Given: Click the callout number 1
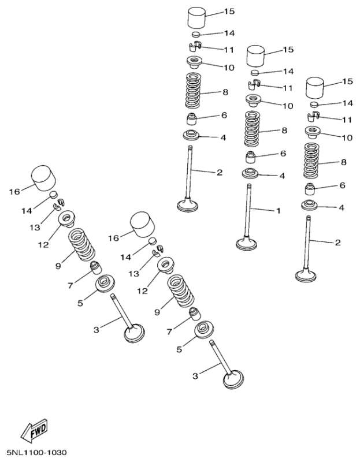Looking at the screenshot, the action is pos(278,211).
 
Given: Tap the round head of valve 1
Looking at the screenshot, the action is pos(247,244).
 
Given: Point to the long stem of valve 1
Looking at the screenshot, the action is pos(248,210).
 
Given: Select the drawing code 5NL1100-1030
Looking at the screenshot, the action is pos(37,452).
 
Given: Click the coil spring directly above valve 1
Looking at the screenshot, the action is pos(252,129).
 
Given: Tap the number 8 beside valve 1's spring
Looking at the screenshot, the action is pos(284,131).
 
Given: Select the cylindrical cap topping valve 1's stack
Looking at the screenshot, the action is pos(255,55).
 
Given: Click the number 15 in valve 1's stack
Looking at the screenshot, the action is pos(288,50).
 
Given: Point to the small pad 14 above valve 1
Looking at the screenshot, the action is pos(255,72).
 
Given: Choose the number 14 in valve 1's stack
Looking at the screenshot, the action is pos(288,71).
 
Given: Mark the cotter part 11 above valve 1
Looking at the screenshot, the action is pos(254,84).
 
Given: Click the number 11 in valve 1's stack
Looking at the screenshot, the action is pos(288,88).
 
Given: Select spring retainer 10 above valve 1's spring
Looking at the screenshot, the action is pos(253,100).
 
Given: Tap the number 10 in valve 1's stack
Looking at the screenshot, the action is pos(288,106).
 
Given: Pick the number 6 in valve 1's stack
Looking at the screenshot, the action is pos(283,154).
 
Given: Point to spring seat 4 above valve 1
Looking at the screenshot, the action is pos(250,173).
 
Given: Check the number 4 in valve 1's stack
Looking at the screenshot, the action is pos(282,176).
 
